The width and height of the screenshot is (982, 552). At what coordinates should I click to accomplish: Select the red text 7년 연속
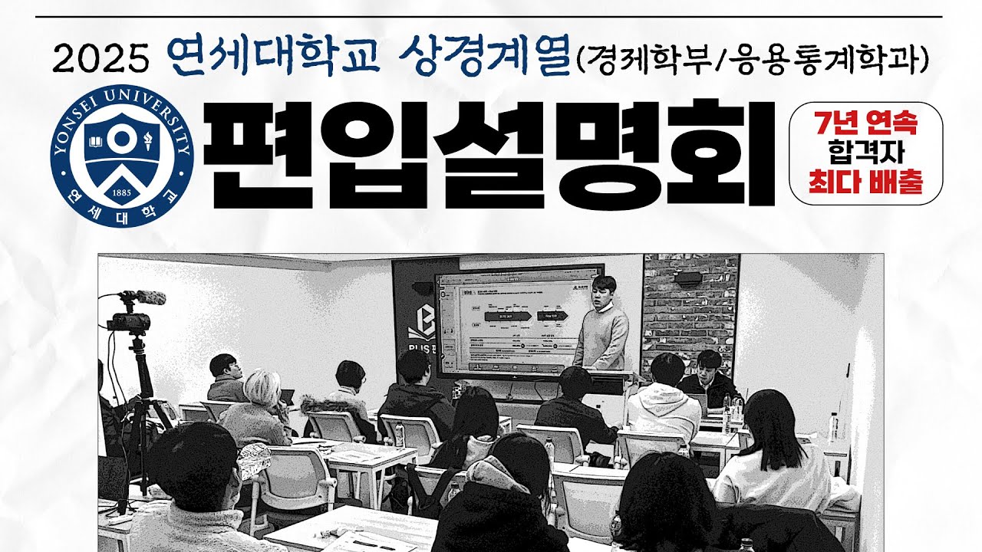click(x=865, y=122)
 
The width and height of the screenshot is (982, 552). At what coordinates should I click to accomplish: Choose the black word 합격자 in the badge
click(x=865, y=153)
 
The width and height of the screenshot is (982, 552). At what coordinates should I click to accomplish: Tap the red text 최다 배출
click(x=865, y=185)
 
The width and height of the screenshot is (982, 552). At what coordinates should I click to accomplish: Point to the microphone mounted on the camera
click(x=141, y=297)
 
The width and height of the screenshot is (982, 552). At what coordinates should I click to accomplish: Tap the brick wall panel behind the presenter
click(x=690, y=307)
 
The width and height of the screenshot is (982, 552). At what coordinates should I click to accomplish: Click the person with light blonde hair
click(x=261, y=406)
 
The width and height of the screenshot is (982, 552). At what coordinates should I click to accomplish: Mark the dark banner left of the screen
click(x=413, y=322)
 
